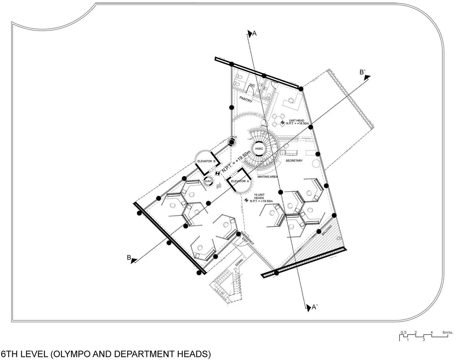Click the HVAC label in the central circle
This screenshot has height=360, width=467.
click(259, 149)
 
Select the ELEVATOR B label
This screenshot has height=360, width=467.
click(207, 161)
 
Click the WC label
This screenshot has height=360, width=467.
click(252, 86)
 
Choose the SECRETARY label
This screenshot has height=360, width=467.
click(294, 161)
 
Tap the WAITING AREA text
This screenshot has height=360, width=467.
click(267, 177)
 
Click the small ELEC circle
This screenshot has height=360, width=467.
click(208, 181)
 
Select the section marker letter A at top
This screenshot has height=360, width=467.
click(255, 33)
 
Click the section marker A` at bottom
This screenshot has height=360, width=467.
click(314, 307)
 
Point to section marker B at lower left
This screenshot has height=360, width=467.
click(129, 258)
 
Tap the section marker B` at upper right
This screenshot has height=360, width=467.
click(363, 72)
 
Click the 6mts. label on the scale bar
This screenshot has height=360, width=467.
click(448, 332)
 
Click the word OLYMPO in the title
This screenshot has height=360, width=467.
click(70, 354)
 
